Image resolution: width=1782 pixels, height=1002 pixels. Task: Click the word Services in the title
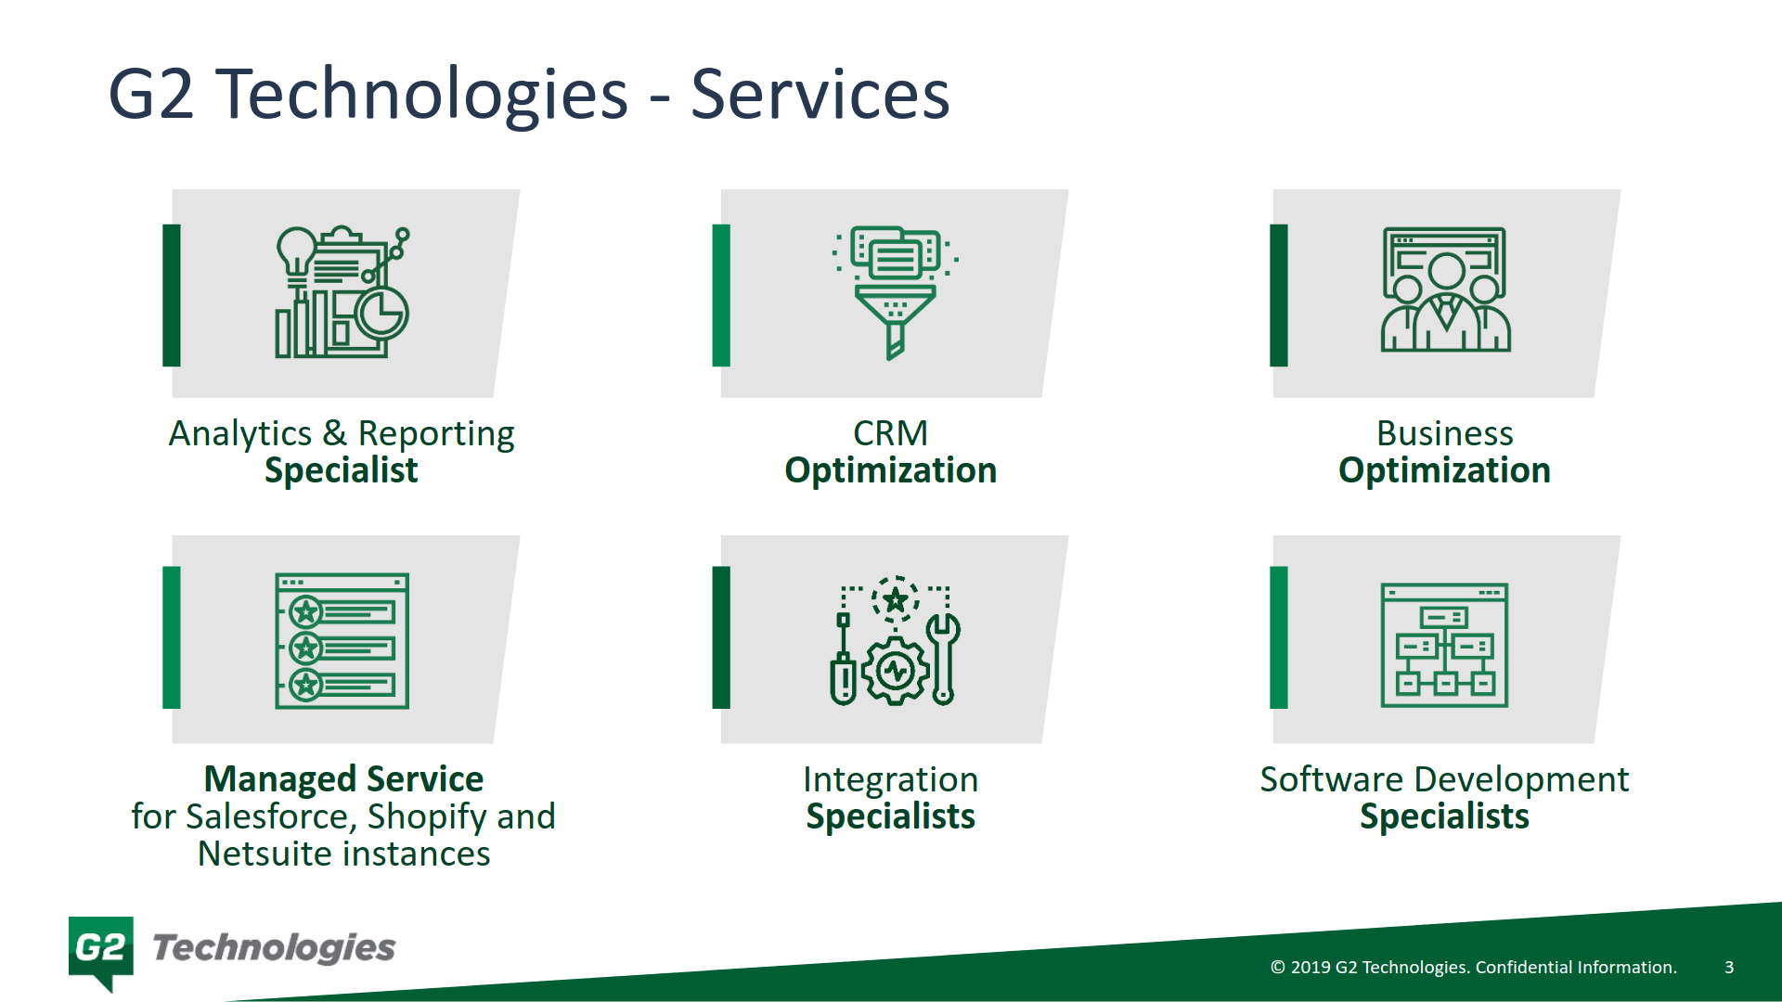coord(820,95)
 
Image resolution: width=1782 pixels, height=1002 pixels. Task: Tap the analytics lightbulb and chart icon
coord(342,292)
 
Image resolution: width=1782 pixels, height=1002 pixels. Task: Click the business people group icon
coord(1445,290)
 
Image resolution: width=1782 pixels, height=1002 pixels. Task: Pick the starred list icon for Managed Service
coord(342,641)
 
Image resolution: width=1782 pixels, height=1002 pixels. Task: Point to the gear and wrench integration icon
coord(894,641)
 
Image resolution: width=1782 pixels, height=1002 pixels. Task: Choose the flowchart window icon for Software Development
coord(1444,645)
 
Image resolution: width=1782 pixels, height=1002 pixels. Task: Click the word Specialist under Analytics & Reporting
coord(341,470)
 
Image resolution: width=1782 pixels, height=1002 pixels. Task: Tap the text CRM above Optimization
coord(890,433)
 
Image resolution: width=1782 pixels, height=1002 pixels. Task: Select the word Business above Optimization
coord(1444,433)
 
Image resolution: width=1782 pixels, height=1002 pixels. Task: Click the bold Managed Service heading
coord(343,779)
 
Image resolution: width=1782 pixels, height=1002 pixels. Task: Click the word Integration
coord(890,779)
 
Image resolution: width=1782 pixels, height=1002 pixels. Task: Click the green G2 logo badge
coord(101,948)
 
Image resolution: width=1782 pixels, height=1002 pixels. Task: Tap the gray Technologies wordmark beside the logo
coord(274,948)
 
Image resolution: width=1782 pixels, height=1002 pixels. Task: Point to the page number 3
coord(1729,967)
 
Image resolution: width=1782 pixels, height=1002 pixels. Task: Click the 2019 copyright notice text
coord(1473,967)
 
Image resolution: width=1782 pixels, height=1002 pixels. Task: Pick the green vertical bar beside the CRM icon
coord(721,295)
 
